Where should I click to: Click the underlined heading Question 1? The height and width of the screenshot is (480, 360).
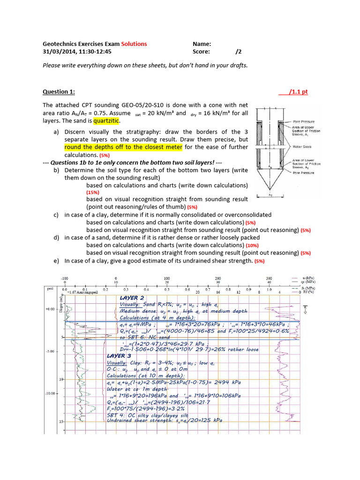(59, 92)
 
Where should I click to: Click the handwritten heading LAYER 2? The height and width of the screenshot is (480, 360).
(129, 298)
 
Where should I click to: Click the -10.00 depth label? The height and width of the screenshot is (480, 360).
(50, 393)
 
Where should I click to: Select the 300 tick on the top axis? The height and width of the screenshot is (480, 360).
(269, 278)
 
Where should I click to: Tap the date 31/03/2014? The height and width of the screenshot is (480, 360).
(60, 52)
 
